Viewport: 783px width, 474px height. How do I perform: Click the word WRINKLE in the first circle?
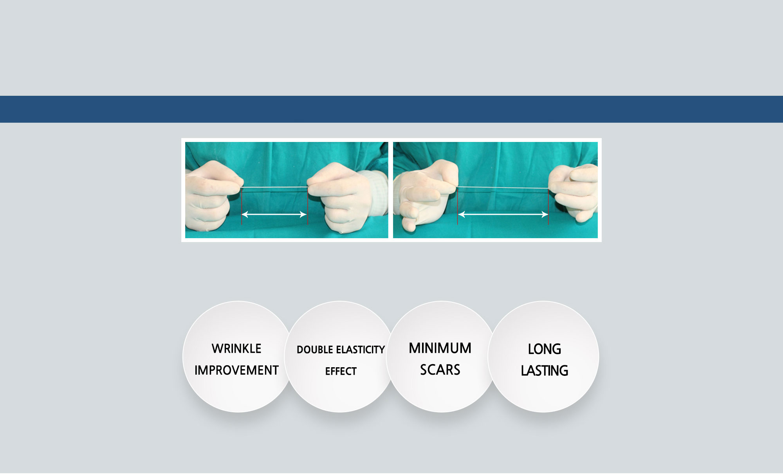pyautogui.click(x=236, y=348)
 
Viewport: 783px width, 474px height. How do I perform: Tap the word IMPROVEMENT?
pyautogui.click(x=236, y=370)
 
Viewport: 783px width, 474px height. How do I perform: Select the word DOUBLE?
pyautogui.click(x=315, y=350)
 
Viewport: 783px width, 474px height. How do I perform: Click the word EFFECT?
pyautogui.click(x=341, y=371)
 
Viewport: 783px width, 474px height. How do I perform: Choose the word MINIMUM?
pyautogui.click(x=440, y=348)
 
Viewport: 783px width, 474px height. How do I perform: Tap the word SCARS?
pyautogui.click(x=440, y=370)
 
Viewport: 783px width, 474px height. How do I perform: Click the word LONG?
pyautogui.click(x=545, y=349)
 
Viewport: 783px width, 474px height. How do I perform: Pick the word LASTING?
pyautogui.click(x=545, y=370)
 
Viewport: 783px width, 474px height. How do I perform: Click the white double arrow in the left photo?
pyautogui.click(x=274, y=214)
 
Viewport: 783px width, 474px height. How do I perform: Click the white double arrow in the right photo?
pyautogui.click(x=503, y=214)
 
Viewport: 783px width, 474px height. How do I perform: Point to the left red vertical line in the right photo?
pyautogui.click(x=457, y=206)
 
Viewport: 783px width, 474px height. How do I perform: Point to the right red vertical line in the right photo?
pyautogui.click(x=548, y=206)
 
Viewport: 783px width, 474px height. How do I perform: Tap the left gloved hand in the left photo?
pyautogui.click(x=211, y=196)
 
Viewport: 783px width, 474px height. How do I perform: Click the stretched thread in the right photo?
pyautogui.click(x=503, y=189)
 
